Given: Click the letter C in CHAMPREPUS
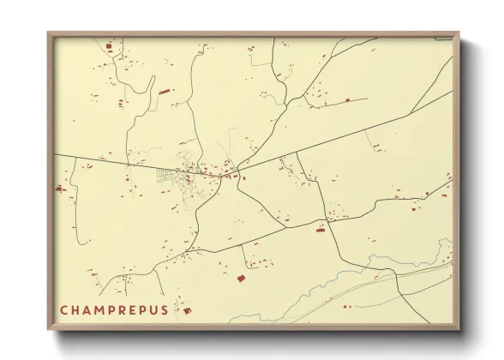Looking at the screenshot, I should (64, 309).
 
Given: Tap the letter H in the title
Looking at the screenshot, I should (77, 309).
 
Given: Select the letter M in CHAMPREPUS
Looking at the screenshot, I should (103, 309).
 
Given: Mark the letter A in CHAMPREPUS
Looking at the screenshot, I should (89, 309).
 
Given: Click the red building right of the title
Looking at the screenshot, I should (187, 310).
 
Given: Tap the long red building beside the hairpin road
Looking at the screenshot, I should (164, 90).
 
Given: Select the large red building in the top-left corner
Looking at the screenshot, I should (108, 47).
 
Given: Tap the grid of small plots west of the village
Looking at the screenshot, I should (165, 177).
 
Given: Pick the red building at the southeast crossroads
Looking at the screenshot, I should (322, 227).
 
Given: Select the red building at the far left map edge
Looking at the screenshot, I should (60, 188).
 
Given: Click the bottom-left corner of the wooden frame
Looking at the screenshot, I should (49, 329).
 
